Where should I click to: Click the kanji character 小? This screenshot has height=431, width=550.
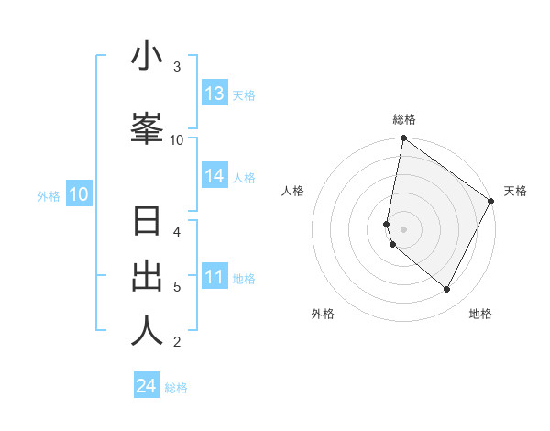pyautogui.click(x=147, y=57)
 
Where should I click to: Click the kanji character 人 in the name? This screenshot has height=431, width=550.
pyautogui.click(x=147, y=331)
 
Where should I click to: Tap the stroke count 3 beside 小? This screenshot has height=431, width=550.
pyautogui.click(x=177, y=67)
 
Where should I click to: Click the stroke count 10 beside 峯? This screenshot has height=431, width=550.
pyautogui.click(x=177, y=139)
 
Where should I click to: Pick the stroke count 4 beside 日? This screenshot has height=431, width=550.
pyautogui.click(x=177, y=232)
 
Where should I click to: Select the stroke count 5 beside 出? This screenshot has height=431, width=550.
pyautogui.click(x=177, y=287)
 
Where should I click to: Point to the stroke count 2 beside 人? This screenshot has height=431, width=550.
pyautogui.click(x=177, y=342)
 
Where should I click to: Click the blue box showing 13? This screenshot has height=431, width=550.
pyautogui.click(x=214, y=94)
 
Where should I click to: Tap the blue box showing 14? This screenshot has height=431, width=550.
pyautogui.click(x=214, y=176)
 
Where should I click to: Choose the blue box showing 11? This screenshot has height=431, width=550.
pyautogui.click(x=214, y=277)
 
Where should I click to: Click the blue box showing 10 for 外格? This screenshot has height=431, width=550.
pyautogui.click(x=79, y=194)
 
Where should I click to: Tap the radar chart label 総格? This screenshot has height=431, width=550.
pyautogui.click(x=404, y=119)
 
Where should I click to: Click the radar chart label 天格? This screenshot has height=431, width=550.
pyautogui.click(x=515, y=191)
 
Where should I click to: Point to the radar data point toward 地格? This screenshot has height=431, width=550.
pyautogui.click(x=447, y=290)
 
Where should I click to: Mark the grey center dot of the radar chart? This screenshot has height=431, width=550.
pyautogui.click(x=404, y=228)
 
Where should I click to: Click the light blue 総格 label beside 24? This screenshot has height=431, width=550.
pyautogui.click(x=176, y=388)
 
